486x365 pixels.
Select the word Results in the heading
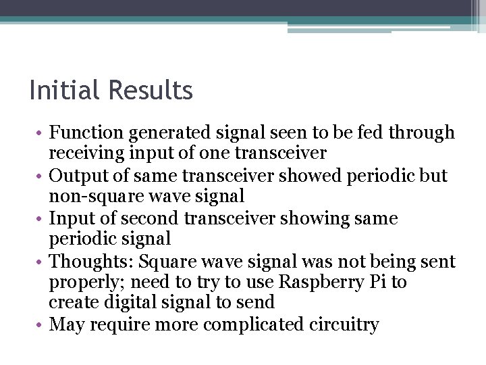151,90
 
